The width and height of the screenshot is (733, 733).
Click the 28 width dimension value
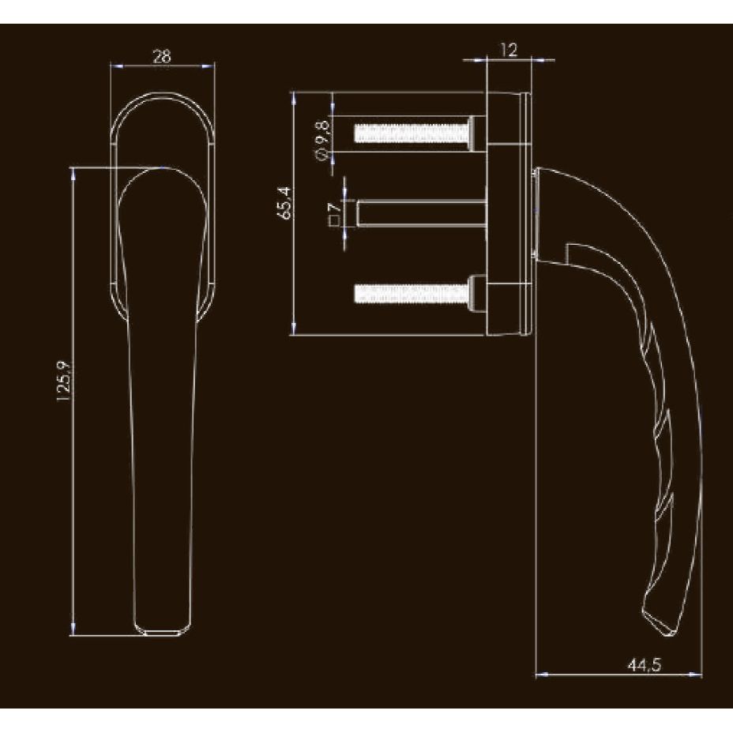coord(162,55)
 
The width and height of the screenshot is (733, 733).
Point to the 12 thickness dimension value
coord(509,51)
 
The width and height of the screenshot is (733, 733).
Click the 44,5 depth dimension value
coord(644,665)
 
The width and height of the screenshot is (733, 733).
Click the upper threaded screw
coord(411,133)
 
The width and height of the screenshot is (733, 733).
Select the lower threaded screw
coord(411,294)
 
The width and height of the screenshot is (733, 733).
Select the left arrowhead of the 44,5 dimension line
coord(540,675)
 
